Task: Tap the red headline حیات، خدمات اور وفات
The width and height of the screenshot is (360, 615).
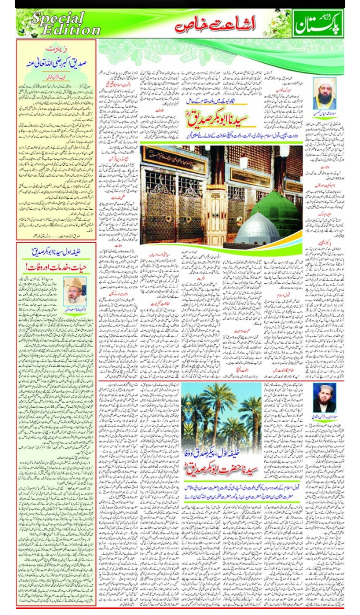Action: pos(56,267)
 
